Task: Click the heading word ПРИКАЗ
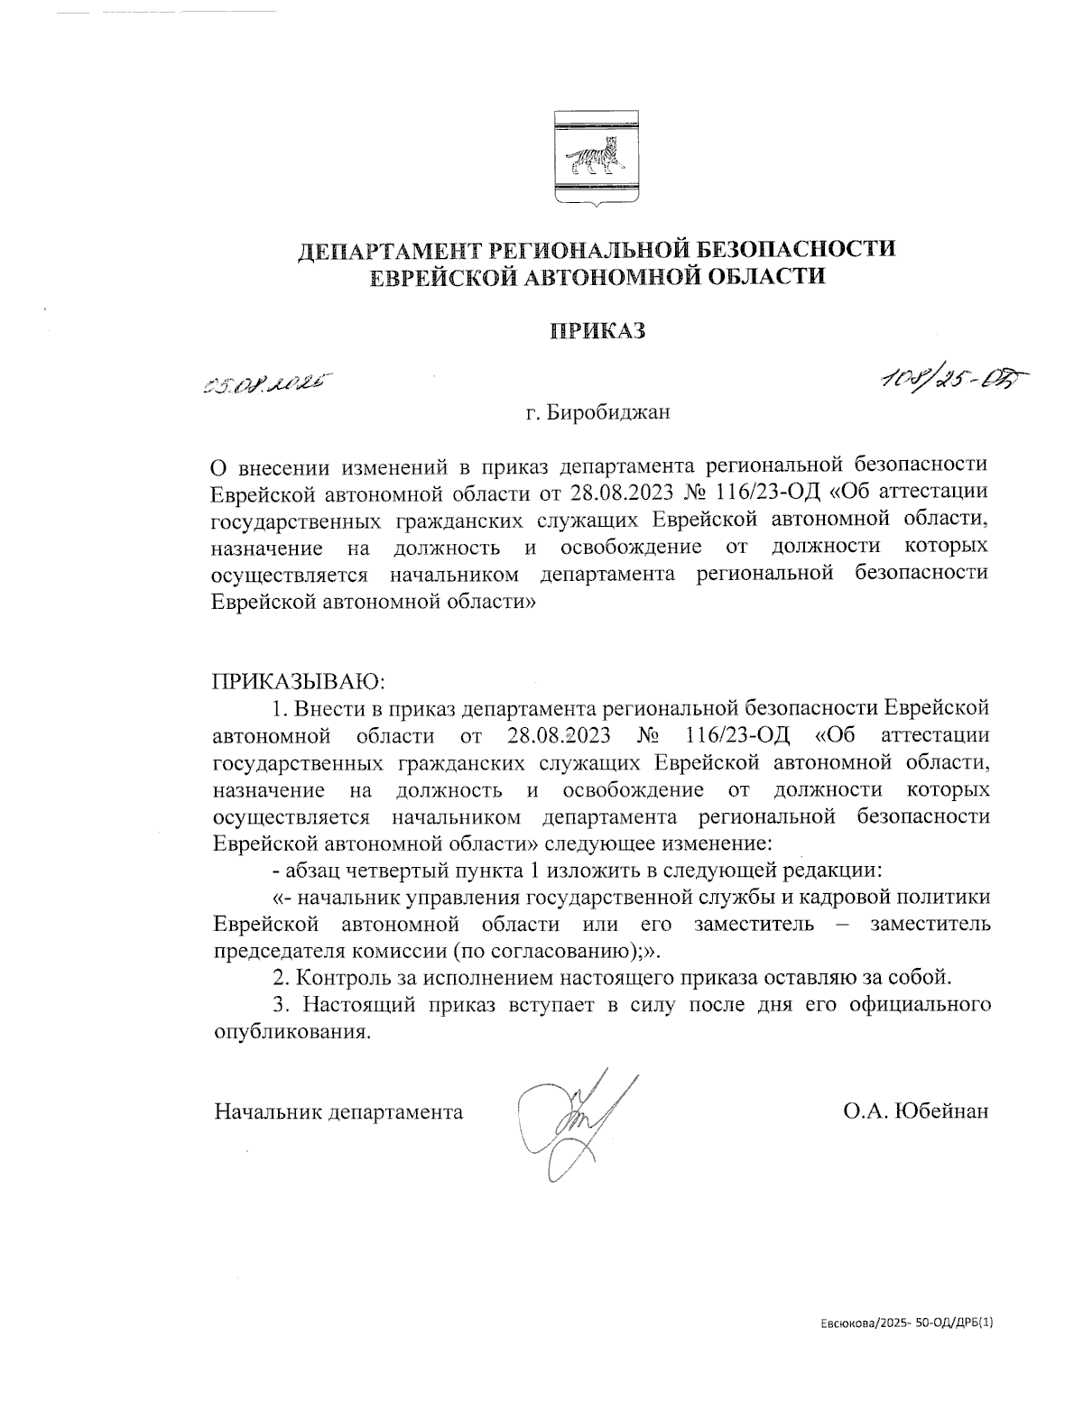597,330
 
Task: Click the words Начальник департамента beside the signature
338,1111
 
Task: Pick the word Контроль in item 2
337,977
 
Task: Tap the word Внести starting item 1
326,708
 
